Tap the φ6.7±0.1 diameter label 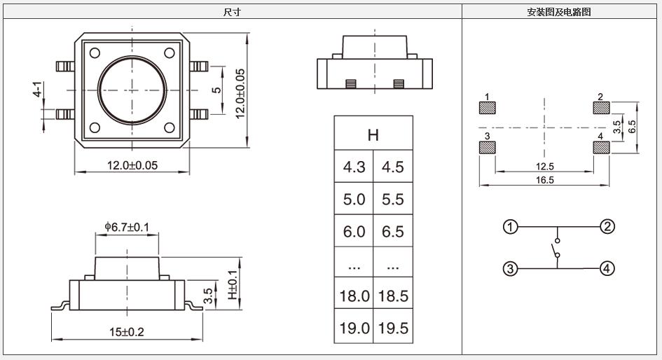click(x=127, y=227)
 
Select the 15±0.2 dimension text click(x=126, y=332)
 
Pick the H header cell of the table click(x=373, y=135)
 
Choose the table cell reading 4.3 click(x=354, y=167)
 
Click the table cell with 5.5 click(x=393, y=200)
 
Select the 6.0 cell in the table click(x=354, y=232)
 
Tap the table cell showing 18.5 click(x=393, y=296)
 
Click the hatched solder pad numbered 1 click(x=488, y=108)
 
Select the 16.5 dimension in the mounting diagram click(x=544, y=180)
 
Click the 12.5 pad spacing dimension click(x=544, y=166)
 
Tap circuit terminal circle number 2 click(x=607, y=226)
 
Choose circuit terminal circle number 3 click(x=511, y=269)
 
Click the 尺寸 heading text click(x=232, y=12)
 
